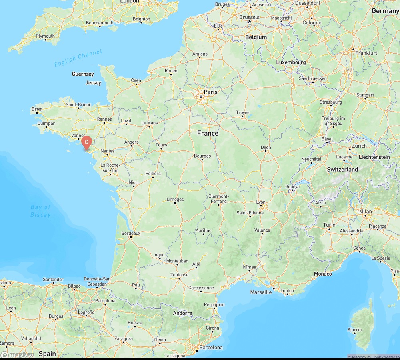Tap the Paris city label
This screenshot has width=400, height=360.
coord(210,92)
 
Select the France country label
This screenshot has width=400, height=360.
coord(208,133)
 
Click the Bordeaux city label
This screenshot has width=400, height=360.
coord(131,233)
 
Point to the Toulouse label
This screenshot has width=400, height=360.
coord(179,275)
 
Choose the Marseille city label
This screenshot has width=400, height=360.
coord(261,292)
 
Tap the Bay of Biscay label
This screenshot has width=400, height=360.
coord(40,211)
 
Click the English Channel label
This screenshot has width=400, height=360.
coord(78,58)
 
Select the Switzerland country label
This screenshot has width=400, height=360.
coord(342,169)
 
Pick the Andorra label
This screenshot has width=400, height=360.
coord(182,313)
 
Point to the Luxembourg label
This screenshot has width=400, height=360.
coord(291,62)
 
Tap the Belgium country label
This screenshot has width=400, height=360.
coord(256,37)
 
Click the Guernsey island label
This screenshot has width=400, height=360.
coord(83,74)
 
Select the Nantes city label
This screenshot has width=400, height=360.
coord(108,151)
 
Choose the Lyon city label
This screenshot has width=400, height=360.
coord(261,202)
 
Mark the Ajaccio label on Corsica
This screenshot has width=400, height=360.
coord(354,330)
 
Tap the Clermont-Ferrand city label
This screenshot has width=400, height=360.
coord(218,198)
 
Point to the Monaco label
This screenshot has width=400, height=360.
coord(323,274)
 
